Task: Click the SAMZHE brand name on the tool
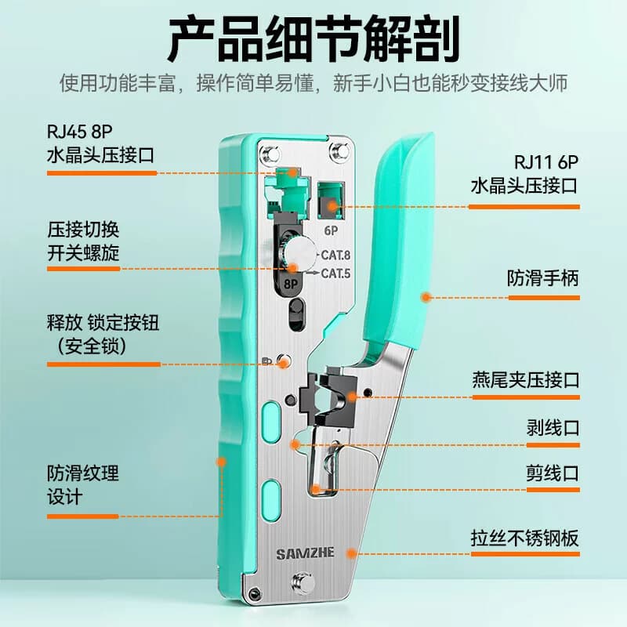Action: [305, 554]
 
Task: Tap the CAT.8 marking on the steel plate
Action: [335, 256]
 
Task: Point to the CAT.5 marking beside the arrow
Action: [335, 274]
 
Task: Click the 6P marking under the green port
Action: [331, 230]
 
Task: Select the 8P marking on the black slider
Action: [291, 284]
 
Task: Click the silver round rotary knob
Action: [299, 251]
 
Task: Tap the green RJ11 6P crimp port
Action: [331, 201]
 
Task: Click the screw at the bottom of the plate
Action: [303, 582]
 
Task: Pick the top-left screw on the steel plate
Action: [270, 154]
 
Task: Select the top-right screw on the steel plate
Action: [339, 152]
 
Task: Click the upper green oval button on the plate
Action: [270, 422]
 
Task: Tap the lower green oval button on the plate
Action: [270, 500]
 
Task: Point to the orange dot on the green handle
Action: [426, 297]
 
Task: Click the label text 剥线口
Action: [553, 427]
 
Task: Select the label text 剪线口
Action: [553, 473]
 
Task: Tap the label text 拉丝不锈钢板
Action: [525, 538]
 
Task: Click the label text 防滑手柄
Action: [543, 278]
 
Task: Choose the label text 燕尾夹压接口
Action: [526, 379]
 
